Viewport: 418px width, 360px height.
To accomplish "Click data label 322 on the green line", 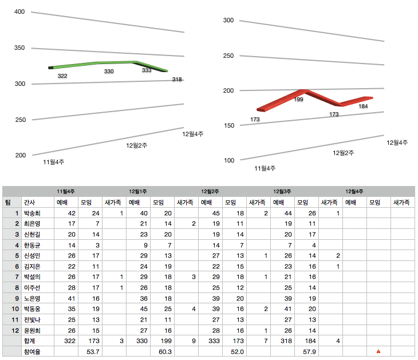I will tap(62, 76).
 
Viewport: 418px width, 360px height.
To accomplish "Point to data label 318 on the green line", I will tap(177, 80).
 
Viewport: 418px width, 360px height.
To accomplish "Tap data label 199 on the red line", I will tap(298, 100).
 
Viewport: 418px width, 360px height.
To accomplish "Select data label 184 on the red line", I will tap(363, 106).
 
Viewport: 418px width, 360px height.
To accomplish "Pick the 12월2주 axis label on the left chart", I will tap(137, 146).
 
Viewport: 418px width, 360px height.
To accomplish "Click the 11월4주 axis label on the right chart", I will tap(265, 168).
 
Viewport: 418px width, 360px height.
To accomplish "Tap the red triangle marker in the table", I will tap(378, 351).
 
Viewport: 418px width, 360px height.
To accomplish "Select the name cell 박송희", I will tap(31, 213).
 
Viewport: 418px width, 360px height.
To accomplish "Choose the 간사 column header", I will tap(29, 202).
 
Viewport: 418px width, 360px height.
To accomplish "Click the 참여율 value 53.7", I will tap(93, 351).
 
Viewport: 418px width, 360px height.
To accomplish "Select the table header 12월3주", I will tap(282, 191).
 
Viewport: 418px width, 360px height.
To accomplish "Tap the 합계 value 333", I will tap(212, 341).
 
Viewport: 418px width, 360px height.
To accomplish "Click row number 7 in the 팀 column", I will tap(17, 277).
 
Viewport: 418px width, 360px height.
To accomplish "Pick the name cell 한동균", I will tap(31, 245).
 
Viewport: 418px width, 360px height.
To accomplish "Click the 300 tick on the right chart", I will tap(228, 21).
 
